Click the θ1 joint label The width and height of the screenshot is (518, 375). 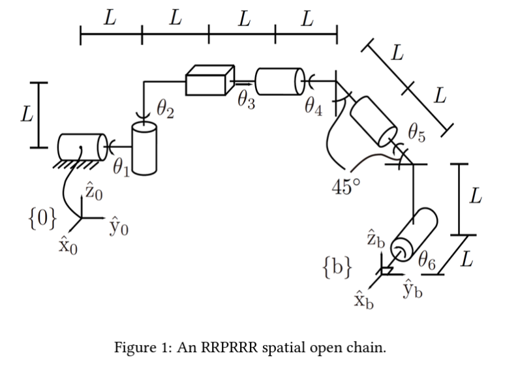click(121, 168)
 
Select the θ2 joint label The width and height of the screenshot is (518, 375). click(165, 110)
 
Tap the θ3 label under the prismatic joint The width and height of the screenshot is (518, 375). click(247, 100)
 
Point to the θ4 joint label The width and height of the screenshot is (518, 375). click(314, 107)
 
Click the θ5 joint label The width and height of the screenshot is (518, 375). click(417, 133)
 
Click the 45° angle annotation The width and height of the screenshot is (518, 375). click(346, 187)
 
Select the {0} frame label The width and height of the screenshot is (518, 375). click(42, 218)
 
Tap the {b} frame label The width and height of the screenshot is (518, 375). click(337, 267)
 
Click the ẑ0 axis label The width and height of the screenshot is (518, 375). click(94, 191)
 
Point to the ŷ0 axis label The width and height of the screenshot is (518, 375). click(119, 226)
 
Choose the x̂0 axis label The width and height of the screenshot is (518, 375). click(68, 246)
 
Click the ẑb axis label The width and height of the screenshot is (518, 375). click(376, 238)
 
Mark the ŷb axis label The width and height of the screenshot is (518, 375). click(412, 290)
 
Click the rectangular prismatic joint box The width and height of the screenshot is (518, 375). click(210, 80)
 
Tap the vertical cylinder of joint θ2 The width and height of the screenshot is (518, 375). click(144, 149)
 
